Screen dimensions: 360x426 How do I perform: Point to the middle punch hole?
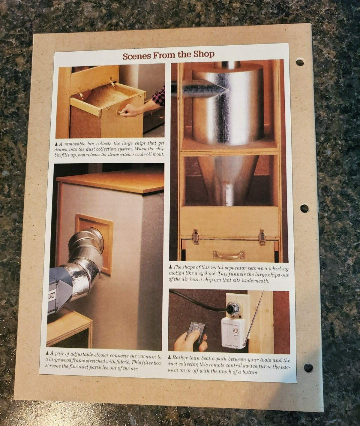point(305,208)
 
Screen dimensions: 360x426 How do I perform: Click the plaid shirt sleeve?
point(159,95)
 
